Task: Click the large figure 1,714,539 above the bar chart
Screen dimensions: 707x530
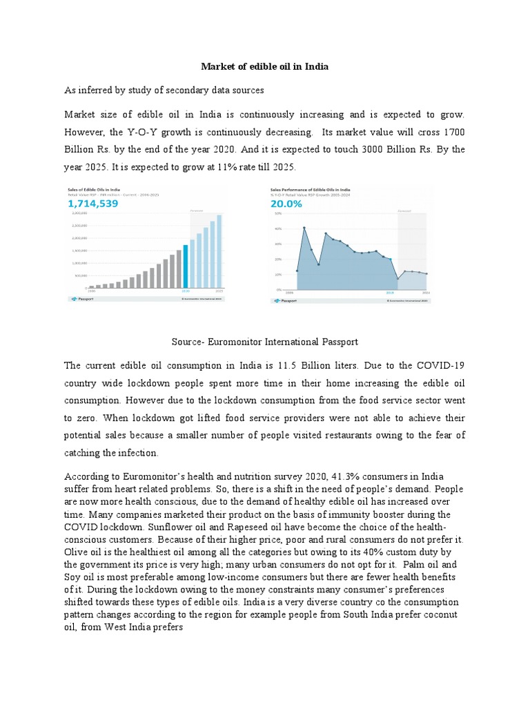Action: [x=93, y=204]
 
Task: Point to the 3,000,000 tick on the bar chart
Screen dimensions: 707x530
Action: [x=79, y=214]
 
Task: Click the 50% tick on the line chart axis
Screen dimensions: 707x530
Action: [x=278, y=214]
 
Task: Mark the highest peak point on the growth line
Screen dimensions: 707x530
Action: [x=304, y=228]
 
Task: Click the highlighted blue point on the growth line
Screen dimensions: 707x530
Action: [x=390, y=260]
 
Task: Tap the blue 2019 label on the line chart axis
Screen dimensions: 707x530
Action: [x=389, y=293]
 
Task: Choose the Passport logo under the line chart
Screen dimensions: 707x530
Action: [x=284, y=301]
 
